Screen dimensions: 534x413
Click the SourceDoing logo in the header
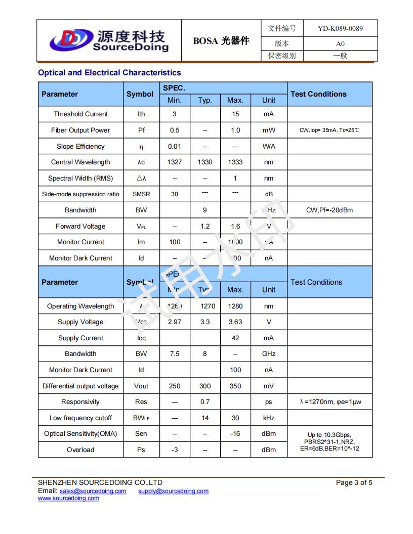click(109, 40)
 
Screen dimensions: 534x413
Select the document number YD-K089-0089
click(340, 28)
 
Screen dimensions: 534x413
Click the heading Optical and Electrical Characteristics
click(109, 73)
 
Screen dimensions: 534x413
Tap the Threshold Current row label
click(80, 114)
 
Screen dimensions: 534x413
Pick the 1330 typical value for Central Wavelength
click(204, 162)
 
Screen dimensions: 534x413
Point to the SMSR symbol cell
click(141, 194)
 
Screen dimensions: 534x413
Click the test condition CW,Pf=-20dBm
click(329, 210)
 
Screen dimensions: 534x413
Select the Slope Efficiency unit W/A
click(269, 147)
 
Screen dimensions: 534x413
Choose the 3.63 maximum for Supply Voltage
click(235, 322)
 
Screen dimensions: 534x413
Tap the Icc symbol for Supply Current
click(141, 338)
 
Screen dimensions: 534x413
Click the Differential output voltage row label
click(80, 386)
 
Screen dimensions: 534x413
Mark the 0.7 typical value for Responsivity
click(204, 402)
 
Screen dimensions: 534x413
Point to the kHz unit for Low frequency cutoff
click(269, 418)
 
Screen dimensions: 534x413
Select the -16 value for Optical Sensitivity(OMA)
click(235, 434)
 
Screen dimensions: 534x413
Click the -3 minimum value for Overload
click(175, 450)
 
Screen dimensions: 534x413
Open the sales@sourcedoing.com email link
click(93, 491)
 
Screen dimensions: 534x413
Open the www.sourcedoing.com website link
click(68, 498)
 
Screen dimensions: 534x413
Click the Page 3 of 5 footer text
click(354, 483)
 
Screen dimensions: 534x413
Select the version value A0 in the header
click(340, 43)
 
